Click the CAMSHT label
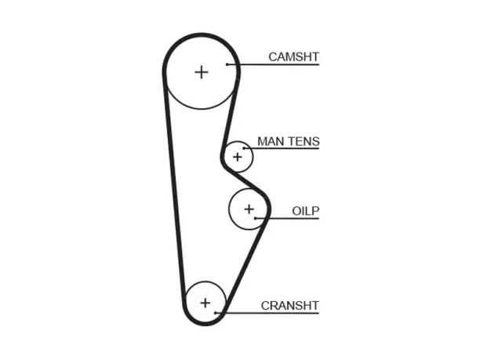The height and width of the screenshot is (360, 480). tap(293, 57)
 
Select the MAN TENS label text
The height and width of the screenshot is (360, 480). tap(289, 141)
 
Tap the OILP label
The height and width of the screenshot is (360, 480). tap(306, 211)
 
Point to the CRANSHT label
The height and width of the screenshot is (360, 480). tap(290, 306)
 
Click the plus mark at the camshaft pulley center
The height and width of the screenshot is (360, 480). tap(202, 73)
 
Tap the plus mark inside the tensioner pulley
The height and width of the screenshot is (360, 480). tap(238, 157)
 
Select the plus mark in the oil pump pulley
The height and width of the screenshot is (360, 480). tap(249, 209)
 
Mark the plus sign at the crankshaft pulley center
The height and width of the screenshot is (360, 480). tap(205, 303)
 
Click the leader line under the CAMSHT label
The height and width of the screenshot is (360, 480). tap(273, 64)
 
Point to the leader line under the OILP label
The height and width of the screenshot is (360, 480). tap(287, 219)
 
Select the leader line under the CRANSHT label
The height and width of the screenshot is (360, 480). tap(267, 313)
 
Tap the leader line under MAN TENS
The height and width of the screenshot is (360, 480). tap(282, 148)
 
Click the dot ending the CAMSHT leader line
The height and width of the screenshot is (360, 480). tap(227, 64)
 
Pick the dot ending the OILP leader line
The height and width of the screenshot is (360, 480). tap(256, 219)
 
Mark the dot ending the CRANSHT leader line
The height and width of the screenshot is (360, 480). tap(216, 313)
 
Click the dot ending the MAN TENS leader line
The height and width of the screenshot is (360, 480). tap(244, 148)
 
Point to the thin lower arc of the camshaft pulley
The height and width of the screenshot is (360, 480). tap(202, 109)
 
